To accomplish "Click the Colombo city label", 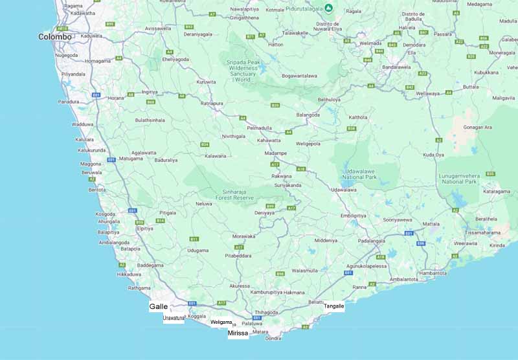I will (x=55, y=37).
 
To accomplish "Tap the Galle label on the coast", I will (x=159, y=306).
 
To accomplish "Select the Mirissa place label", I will (x=238, y=333).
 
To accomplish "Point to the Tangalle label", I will (x=334, y=306).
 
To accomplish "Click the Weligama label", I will (x=221, y=322).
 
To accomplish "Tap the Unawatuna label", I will (x=174, y=318).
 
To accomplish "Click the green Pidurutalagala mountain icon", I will (x=329, y=8).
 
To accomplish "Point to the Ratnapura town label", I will (x=212, y=103).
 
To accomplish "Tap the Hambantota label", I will (x=433, y=273).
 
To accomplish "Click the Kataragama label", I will (x=497, y=192).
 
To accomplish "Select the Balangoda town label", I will (x=308, y=115).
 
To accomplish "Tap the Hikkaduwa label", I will (x=129, y=275).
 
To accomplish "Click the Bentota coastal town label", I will (x=97, y=190).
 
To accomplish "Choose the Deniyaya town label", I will (x=264, y=212).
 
